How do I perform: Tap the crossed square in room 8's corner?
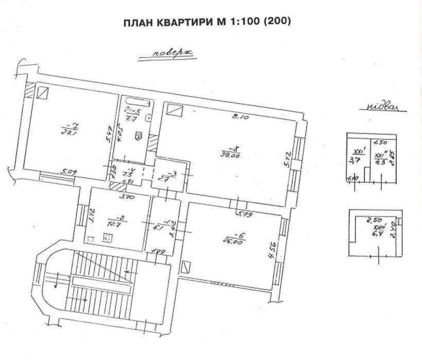tap(174, 110)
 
